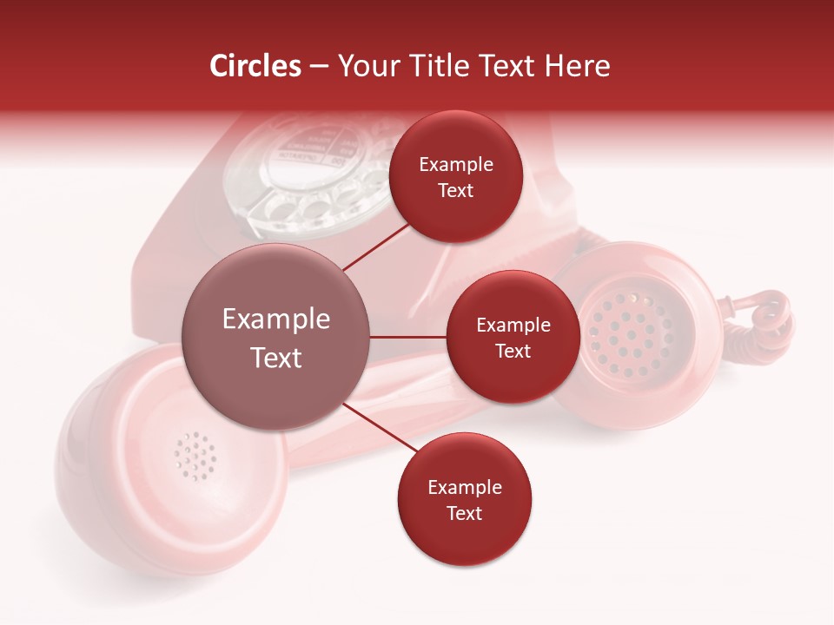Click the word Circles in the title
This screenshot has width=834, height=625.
point(255,66)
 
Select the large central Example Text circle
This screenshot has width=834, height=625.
point(276,337)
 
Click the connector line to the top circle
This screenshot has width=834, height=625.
point(375,247)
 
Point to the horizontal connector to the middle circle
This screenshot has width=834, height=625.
point(407,337)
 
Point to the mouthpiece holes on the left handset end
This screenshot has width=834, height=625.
point(195,453)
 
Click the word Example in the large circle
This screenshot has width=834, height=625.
point(276,319)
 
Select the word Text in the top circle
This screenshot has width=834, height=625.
point(455,191)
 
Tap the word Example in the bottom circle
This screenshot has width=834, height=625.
point(464,488)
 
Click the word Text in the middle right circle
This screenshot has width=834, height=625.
point(513,352)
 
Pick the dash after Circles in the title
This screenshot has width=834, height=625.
point(319,67)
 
